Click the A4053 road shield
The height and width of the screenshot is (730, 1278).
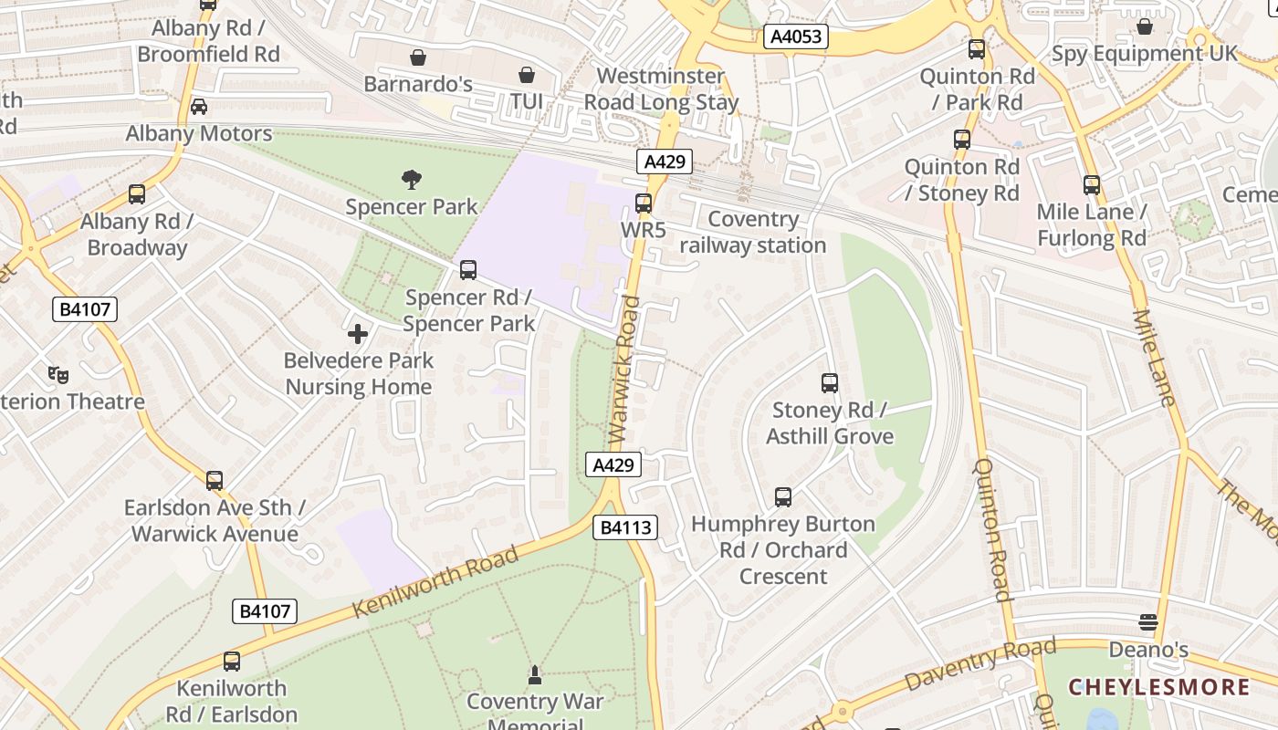click(x=796, y=36)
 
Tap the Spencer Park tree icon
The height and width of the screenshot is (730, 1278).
click(x=412, y=180)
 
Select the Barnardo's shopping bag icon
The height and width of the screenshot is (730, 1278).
click(x=418, y=58)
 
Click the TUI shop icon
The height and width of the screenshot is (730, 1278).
click(x=527, y=75)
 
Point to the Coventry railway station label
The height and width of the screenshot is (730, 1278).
click(x=752, y=232)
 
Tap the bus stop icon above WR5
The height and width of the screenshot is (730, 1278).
click(x=644, y=203)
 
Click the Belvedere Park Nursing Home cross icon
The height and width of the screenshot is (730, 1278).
click(x=358, y=334)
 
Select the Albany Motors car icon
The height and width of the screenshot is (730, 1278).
click(x=199, y=107)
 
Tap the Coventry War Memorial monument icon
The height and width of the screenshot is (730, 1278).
click(x=535, y=675)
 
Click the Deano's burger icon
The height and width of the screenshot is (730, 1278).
click(x=1148, y=623)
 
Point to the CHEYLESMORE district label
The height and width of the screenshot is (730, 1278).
click(x=1158, y=687)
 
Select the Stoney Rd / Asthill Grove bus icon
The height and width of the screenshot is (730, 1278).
click(x=830, y=383)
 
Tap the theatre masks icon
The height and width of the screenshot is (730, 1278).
click(x=58, y=374)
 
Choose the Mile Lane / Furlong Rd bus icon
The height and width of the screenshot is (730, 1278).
click(x=1092, y=185)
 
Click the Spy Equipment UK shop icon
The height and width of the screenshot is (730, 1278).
click(x=1145, y=26)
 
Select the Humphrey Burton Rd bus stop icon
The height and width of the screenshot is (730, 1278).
click(x=783, y=497)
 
